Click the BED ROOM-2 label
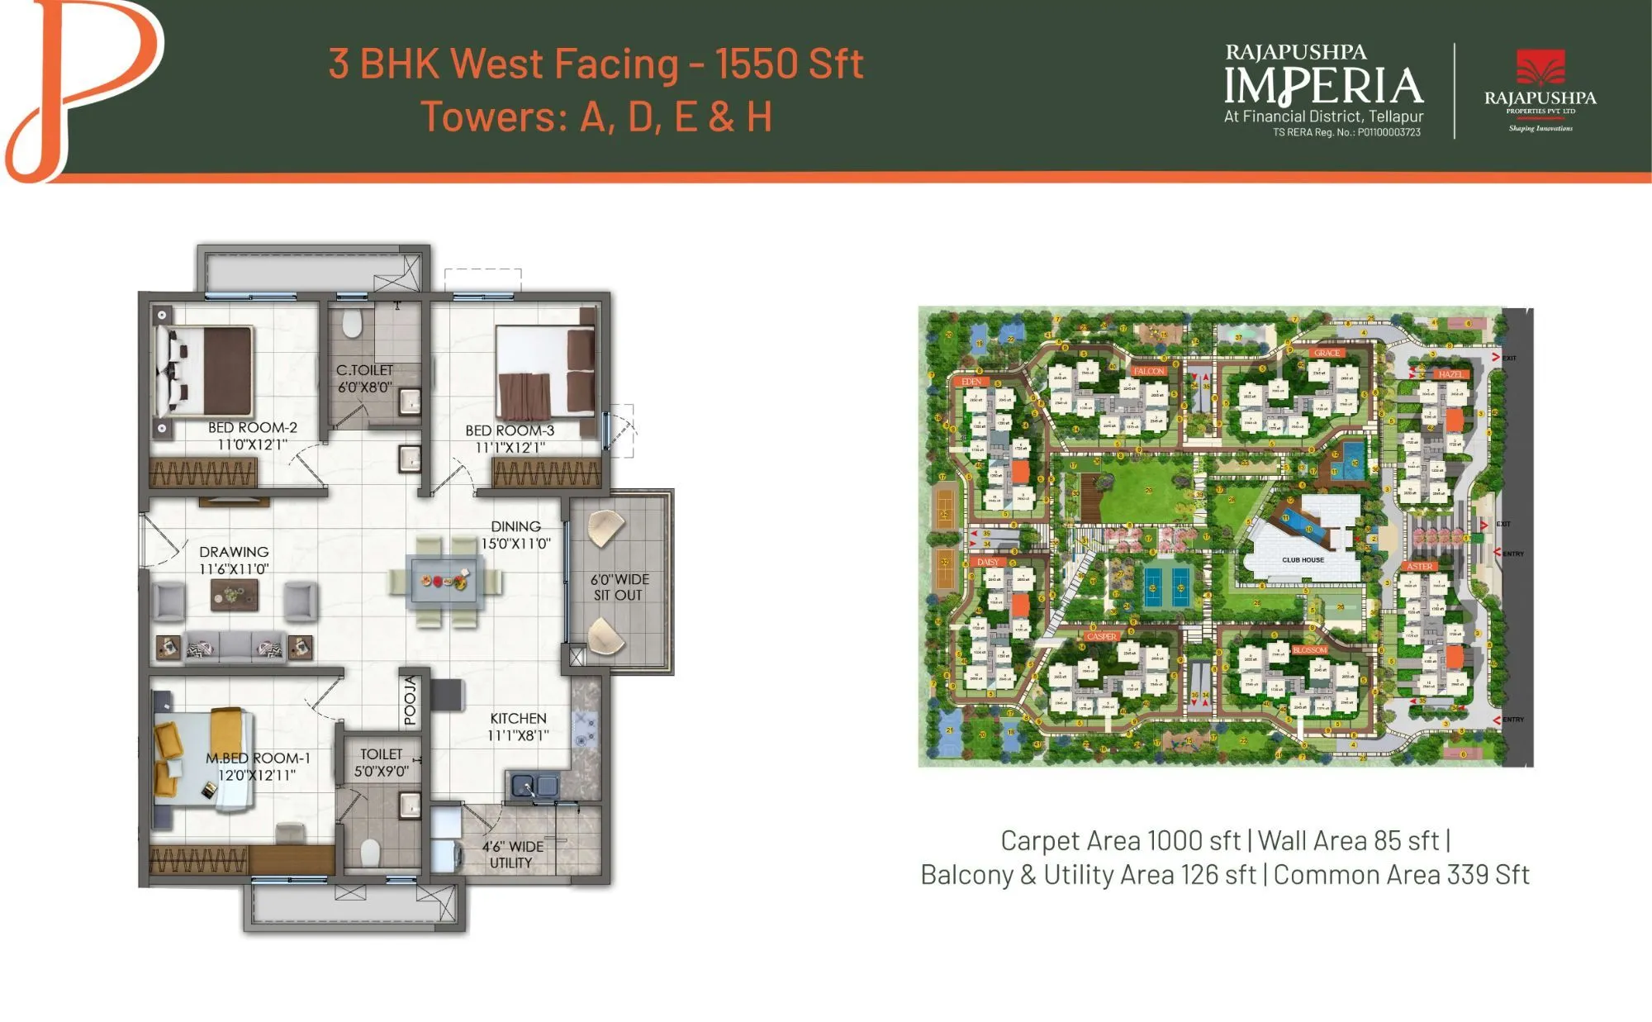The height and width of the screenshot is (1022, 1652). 252,427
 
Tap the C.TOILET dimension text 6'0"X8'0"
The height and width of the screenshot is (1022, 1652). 364,387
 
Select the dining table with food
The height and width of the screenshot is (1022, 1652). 445,581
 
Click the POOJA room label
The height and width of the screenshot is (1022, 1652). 411,701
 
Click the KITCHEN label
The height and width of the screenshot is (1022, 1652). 518,718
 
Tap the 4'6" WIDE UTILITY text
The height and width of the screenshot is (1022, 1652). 512,854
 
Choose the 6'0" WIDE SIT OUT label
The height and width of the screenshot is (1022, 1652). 619,587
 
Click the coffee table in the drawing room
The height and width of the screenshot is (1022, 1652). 234,594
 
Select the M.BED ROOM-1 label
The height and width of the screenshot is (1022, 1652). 258,758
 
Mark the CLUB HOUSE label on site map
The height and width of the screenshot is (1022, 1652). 1303,559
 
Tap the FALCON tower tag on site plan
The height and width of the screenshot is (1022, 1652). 1148,371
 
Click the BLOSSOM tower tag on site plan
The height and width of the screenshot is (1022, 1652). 1309,650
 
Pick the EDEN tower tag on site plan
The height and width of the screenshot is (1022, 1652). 971,382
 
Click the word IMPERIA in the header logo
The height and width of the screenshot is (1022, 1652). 1323,86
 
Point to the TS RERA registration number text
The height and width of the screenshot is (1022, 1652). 1346,132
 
